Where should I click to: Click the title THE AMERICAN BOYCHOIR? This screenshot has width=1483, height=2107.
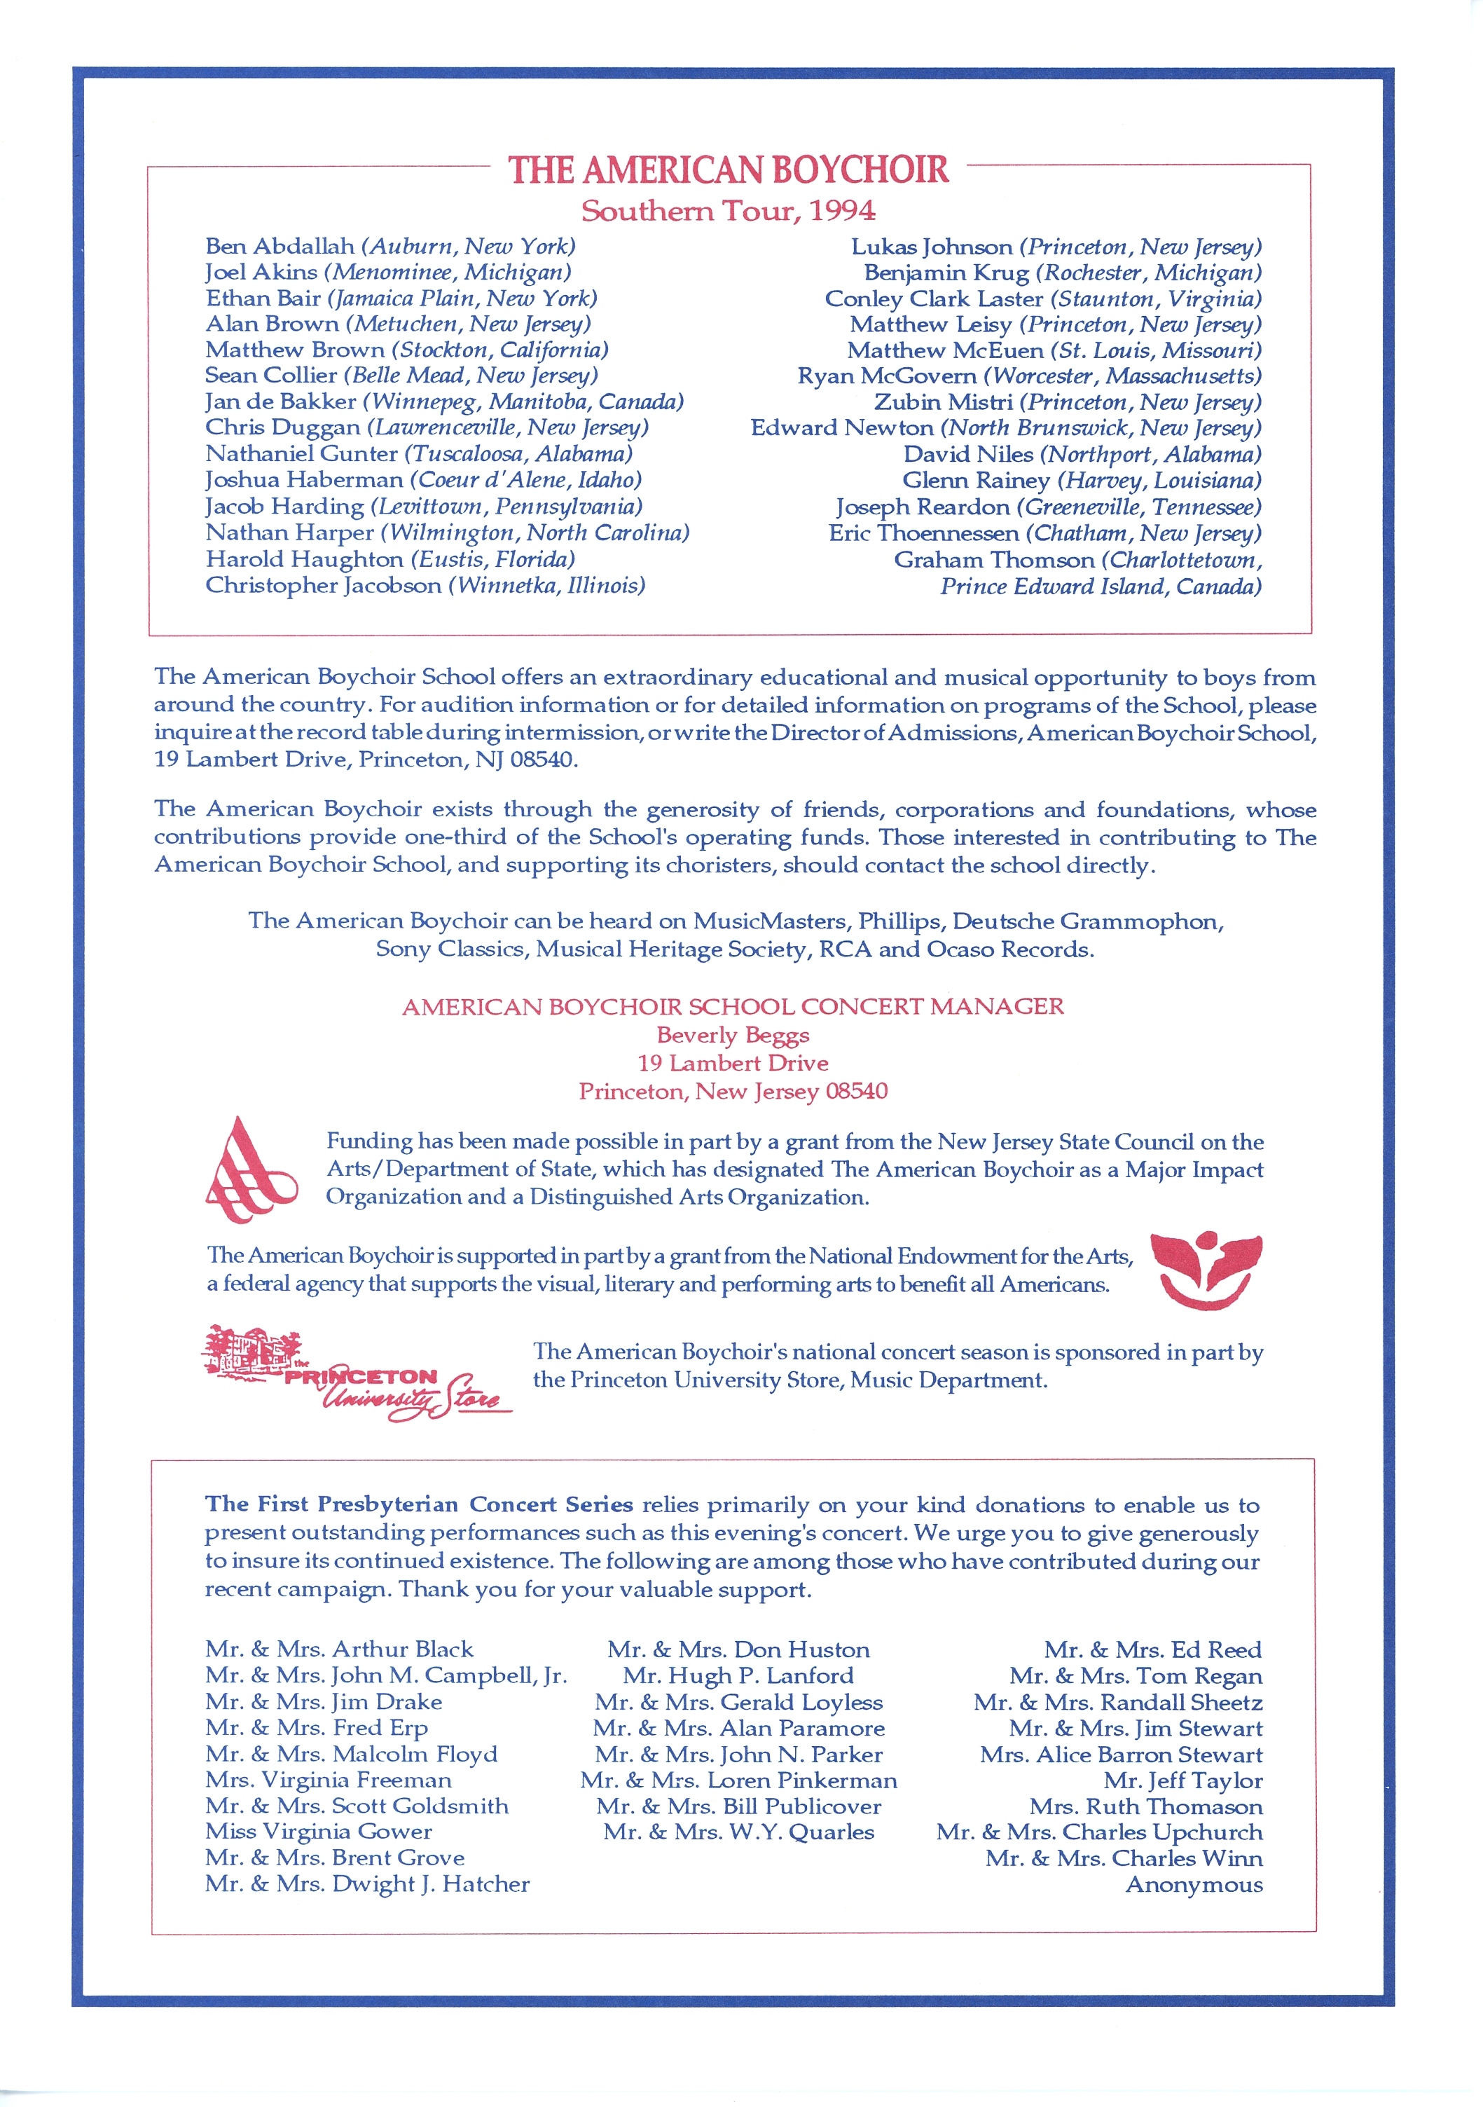(x=728, y=171)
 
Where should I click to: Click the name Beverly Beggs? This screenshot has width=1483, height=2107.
(x=732, y=1035)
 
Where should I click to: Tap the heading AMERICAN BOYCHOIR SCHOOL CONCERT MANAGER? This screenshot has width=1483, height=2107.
(x=732, y=1007)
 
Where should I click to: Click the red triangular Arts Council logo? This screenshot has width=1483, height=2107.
(x=249, y=1170)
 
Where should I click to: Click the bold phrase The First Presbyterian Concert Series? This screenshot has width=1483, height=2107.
(x=418, y=1505)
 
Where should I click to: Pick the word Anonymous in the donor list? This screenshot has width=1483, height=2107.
(x=1194, y=1884)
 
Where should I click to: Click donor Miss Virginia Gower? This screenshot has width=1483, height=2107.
(x=319, y=1831)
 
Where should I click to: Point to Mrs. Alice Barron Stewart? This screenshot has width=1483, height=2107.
(x=1121, y=1755)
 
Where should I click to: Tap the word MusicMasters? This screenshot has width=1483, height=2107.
(x=771, y=921)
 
